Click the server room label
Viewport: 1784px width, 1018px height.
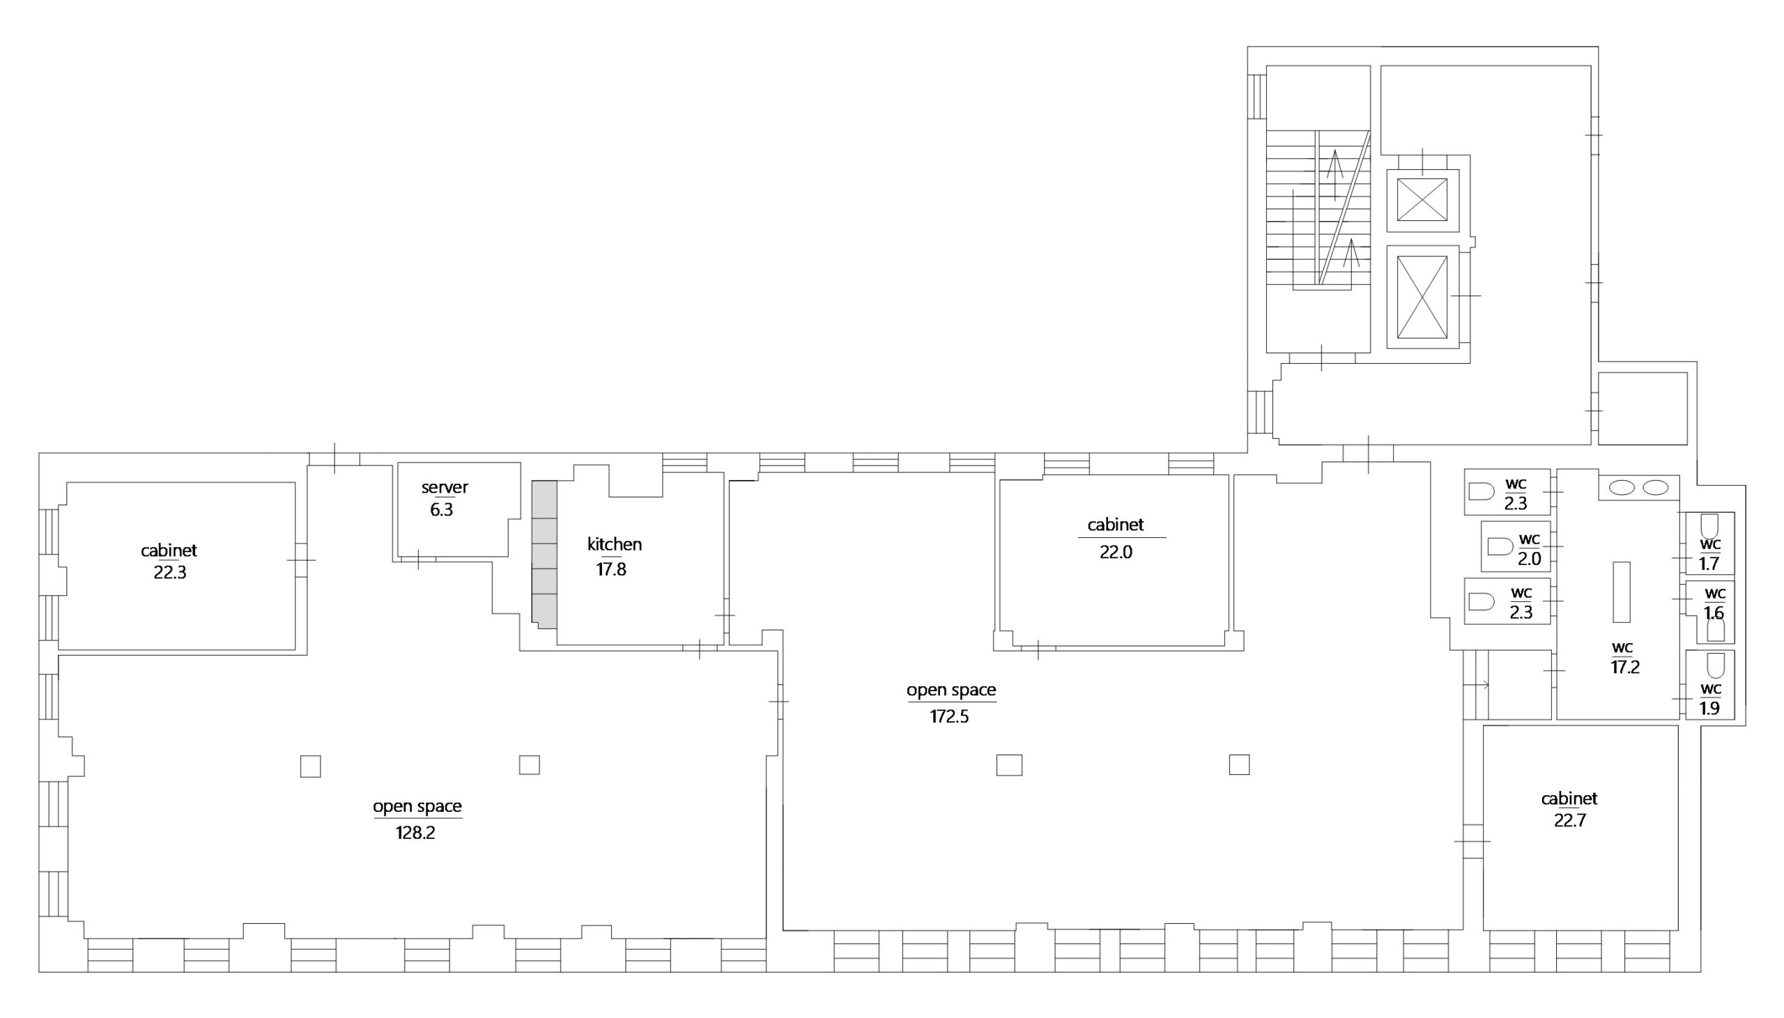coord(445,487)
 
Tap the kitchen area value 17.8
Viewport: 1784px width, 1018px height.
coord(611,569)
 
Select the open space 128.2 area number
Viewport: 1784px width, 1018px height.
coord(415,833)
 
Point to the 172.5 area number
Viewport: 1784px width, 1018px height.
coord(949,717)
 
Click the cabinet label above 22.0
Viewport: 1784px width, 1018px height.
coord(1116,525)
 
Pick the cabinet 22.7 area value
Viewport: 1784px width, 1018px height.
coord(1570,820)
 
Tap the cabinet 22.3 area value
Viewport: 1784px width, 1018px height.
coord(170,573)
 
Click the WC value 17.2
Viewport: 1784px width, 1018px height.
coord(1625,667)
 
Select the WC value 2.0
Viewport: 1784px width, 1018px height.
coord(1529,559)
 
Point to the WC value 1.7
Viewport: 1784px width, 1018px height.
coord(1709,563)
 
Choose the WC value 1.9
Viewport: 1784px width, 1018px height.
coord(1709,708)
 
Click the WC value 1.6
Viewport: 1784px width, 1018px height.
coord(1714,613)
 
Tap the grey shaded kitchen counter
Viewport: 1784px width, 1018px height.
coord(544,554)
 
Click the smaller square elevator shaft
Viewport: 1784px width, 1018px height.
coord(1422,200)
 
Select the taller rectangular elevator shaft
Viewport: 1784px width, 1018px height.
coord(1422,296)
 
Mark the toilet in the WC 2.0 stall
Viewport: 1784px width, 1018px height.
coord(1500,547)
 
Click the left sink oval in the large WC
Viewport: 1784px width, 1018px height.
coord(1622,488)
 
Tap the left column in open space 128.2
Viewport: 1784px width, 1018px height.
coord(310,766)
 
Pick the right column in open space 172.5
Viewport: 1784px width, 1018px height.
coord(1240,764)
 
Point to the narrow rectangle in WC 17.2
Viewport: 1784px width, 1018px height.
coord(1621,592)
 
